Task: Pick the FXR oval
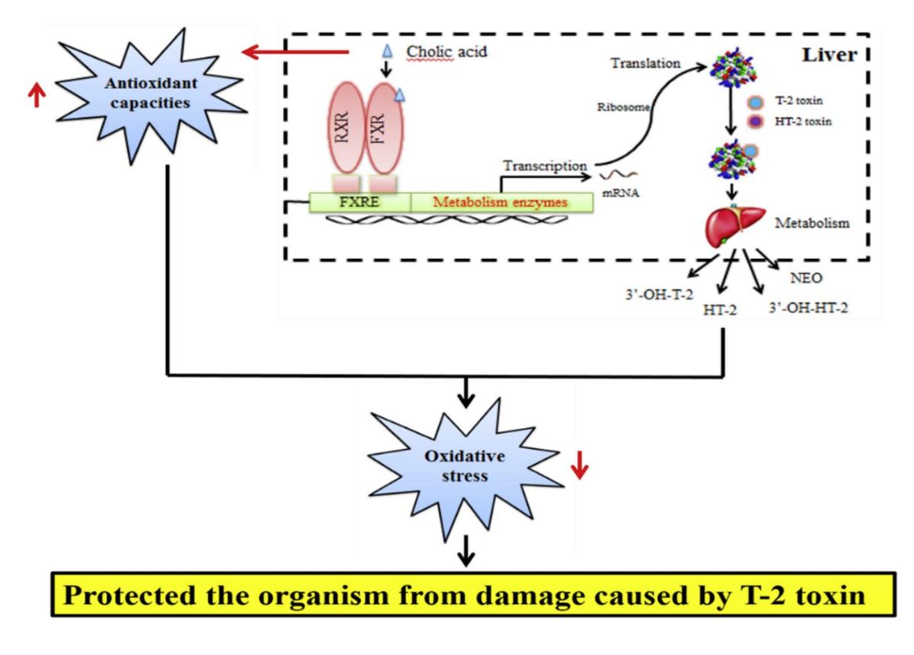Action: coord(385,130)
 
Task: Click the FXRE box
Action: coord(360,202)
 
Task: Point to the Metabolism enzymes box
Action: coord(501,202)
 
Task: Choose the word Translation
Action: coord(646,63)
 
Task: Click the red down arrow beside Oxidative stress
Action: coord(580,465)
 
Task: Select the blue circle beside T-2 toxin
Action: coord(758,103)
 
